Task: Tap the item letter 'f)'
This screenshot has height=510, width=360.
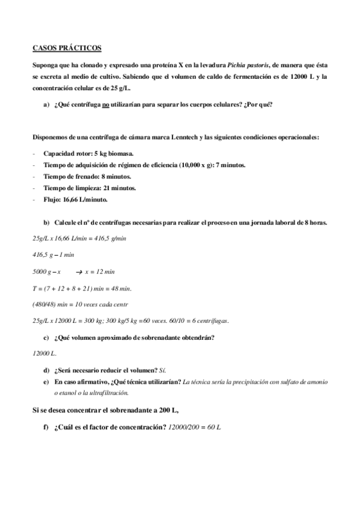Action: (x=46, y=428)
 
